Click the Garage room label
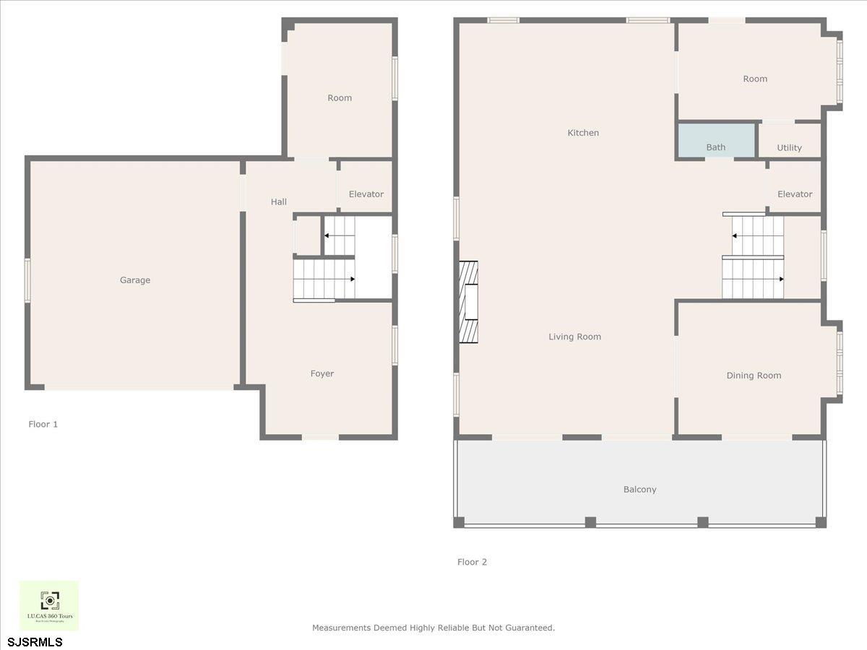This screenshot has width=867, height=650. click(135, 280)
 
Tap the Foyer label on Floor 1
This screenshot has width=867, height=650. click(322, 373)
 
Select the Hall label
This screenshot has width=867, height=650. click(279, 202)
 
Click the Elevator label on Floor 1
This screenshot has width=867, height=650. click(366, 194)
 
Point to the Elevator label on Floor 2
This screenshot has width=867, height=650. click(795, 194)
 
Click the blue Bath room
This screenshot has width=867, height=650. click(715, 141)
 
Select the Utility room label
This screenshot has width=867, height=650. click(789, 148)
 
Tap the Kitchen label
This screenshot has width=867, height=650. click(583, 133)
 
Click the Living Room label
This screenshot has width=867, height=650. click(574, 337)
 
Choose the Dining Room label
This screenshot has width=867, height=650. click(754, 376)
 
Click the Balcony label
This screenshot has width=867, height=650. click(640, 490)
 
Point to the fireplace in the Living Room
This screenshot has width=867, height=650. click(468, 302)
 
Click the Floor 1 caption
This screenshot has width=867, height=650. click(43, 424)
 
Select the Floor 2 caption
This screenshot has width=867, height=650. click(473, 562)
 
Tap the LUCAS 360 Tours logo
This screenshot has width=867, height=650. click(49, 605)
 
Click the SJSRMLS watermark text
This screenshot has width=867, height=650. click(35, 642)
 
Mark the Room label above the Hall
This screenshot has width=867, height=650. click(340, 98)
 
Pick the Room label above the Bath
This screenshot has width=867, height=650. click(755, 79)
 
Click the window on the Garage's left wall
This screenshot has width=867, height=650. click(27, 280)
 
